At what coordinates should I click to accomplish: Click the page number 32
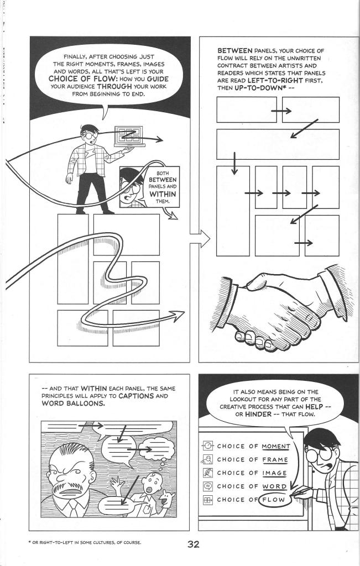pyautogui.click(x=193, y=544)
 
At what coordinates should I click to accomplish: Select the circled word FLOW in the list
pyautogui.click(x=274, y=500)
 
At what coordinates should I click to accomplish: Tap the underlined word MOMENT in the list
pyautogui.click(x=276, y=447)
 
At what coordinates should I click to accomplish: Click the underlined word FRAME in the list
pyautogui.click(x=275, y=460)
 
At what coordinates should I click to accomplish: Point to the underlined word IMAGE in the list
pyautogui.click(x=274, y=473)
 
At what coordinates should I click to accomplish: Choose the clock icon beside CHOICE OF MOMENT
pyautogui.click(x=208, y=446)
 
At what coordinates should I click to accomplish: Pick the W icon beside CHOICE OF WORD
pyautogui.click(x=208, y=486)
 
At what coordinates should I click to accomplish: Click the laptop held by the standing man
pyautogui.click(x=129, y=136)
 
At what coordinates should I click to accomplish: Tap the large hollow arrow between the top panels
pyautogui.click(x=200, y=239)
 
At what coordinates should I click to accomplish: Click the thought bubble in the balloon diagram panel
pyautogui.click(x=156, y=449)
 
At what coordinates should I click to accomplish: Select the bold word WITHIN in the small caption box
pyautogui.click(x=163, y=194)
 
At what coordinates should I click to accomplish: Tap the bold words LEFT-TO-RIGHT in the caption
pyautogui.click(x=273, y=81)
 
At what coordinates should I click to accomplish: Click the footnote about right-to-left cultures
pyautogui.click(x=85, y=542)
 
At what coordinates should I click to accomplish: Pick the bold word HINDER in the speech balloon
pyautogui.click(x=258, y=415)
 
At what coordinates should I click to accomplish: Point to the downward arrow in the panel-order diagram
pyautogui.click(x=234, y=163)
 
